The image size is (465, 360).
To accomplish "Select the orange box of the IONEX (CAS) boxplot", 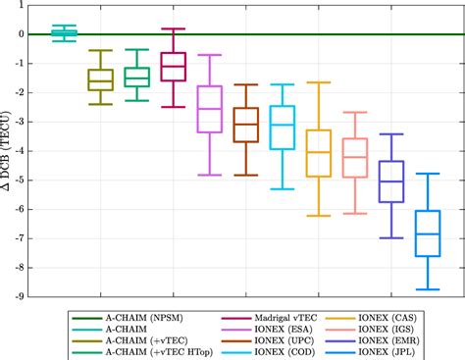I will [x=318, y=153].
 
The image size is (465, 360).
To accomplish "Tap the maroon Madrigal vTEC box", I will [x=173, y=66].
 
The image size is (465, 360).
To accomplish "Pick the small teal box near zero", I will [x=64, y=34].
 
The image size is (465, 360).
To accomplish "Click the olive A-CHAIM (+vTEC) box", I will [x=100, y=79].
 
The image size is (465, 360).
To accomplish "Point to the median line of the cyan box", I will [x=283, y=125].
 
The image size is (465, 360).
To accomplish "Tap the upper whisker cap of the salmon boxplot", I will [x=355, y=112].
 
